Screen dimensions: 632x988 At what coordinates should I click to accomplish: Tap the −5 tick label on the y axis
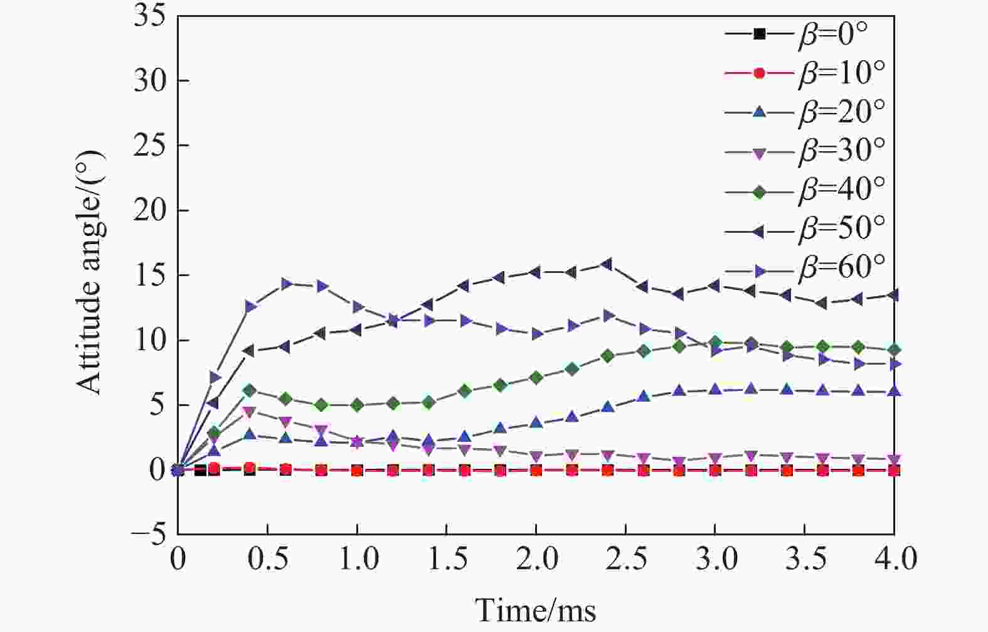(148, 535)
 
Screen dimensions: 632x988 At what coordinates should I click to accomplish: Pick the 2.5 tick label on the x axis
(625, 559)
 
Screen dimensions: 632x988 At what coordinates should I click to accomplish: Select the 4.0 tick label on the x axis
(893, 559)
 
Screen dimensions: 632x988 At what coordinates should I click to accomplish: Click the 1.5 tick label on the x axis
(446, 559)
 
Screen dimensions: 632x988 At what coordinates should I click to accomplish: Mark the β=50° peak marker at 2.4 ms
(607, 264)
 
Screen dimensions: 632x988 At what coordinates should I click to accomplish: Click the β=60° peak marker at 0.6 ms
(286, 284)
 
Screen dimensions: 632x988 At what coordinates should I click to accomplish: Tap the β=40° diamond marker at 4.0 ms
(894, 350)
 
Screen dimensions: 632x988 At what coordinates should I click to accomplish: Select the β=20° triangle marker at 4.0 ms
(894, 391)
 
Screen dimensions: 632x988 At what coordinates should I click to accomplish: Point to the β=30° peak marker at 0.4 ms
(250, 412)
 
